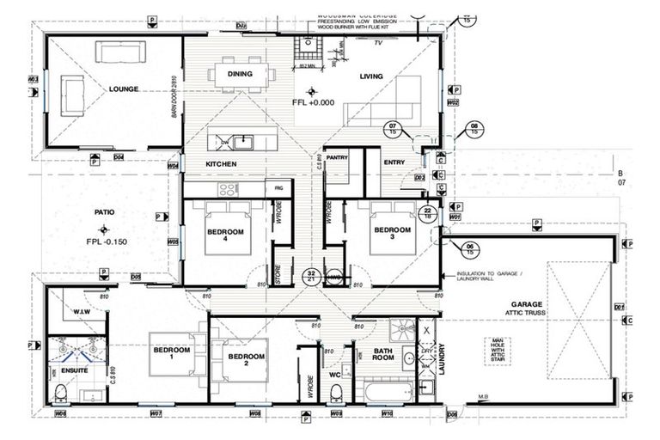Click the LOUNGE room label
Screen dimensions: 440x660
pos(125,89)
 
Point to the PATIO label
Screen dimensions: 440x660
pos(106,211)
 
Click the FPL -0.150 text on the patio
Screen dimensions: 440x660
pos(107,241)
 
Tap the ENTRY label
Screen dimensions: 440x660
pos(394,162)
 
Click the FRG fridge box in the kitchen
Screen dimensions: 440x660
pos(278,186)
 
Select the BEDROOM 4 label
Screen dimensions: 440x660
pos(225,236)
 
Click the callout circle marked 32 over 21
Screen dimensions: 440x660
pos(312,275)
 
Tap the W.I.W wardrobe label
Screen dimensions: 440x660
pos(82,312)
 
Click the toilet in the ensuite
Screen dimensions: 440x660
pos(60,393)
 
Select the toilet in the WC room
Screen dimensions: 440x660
pos(336,393)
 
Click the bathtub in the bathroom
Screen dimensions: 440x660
pos(382,394)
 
